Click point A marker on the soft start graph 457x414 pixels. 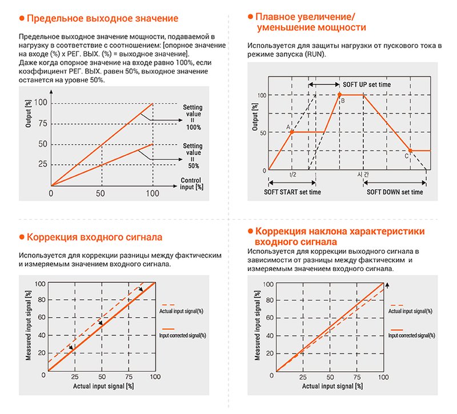(292, 132)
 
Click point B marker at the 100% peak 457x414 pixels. (339, 94)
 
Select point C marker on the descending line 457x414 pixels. (410, 150)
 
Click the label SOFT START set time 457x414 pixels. (292, 192)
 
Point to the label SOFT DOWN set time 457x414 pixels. (395, 192)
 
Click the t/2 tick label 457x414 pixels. (292, 176)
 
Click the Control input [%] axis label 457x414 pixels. (191, 183)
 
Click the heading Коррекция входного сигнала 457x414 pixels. (94, 237)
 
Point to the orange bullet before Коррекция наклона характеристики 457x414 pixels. (250, 232)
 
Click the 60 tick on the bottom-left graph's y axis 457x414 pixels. (41, 317)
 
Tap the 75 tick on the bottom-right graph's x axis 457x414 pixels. (356, 377)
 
